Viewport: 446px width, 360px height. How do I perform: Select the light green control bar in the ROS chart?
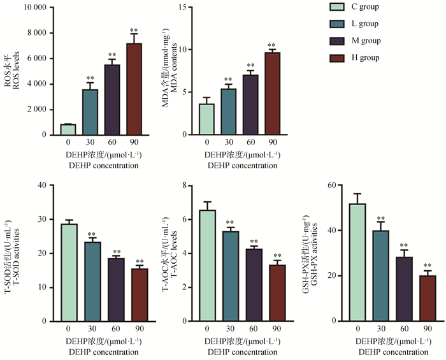(68, 129)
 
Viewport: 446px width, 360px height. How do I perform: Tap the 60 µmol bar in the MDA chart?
(250, 105)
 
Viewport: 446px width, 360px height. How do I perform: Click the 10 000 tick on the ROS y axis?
(36, 8)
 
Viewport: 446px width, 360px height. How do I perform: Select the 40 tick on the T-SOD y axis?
(42, 185)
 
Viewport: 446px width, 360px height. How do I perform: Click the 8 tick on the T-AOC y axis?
(183, 185)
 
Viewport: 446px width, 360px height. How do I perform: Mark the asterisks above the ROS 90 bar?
(134, 31)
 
